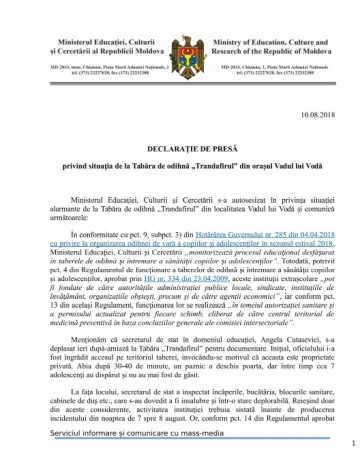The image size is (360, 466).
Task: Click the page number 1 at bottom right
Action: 353,443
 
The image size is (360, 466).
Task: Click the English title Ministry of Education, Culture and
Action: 270,43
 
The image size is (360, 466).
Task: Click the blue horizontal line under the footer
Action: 190,438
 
